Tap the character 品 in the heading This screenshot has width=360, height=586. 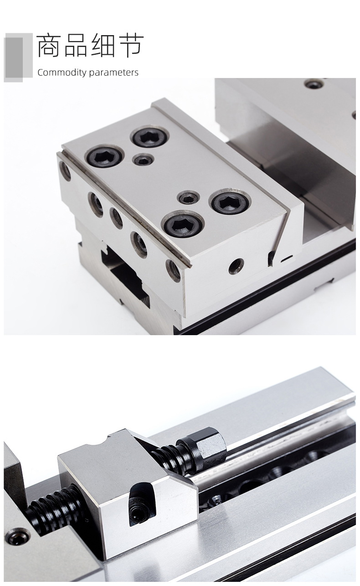(x=76, y=45)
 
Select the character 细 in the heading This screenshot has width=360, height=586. (x=103, y=45)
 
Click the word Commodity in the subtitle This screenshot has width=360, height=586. (x=62, y=73)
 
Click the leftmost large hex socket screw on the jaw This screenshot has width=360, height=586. (x=104, y=157)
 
